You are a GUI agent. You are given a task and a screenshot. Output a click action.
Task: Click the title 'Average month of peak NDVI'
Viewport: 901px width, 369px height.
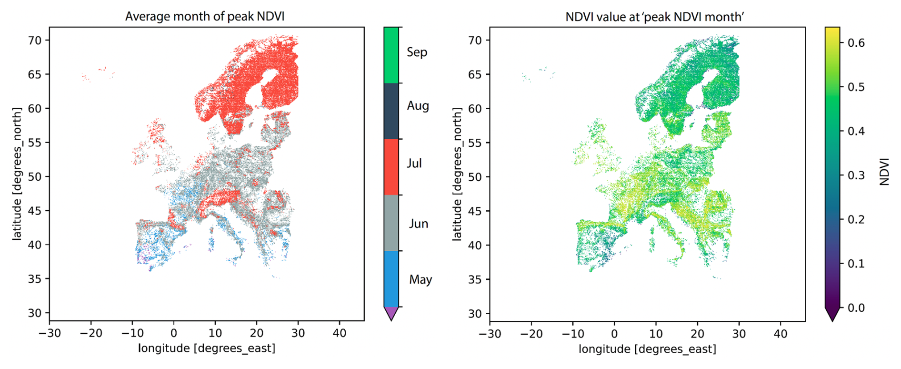pos(205,17)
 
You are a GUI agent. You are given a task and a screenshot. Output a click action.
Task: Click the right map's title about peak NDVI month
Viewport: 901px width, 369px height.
pos(655,17)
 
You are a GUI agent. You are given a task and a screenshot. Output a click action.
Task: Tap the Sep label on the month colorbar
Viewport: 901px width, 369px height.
pos(417,52)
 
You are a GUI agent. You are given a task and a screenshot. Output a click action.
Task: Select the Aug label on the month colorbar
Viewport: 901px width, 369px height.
pos(418,105)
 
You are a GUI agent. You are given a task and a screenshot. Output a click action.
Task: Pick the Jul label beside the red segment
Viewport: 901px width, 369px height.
pos(414,163)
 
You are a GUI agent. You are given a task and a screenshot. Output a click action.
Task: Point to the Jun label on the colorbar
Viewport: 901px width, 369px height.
pos(418,224)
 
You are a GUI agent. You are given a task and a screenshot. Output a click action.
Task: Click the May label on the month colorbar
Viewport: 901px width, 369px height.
pos(420,279)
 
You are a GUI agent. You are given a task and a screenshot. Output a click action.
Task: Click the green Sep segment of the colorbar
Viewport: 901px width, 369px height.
pos(391,55)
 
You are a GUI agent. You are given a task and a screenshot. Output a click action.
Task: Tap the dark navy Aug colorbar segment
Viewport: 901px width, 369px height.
pos(391,111)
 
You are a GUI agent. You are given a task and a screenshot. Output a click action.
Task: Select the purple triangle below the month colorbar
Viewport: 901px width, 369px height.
pos(391,313)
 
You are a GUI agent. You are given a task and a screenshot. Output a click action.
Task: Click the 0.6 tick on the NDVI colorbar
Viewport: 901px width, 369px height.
pos(856,43)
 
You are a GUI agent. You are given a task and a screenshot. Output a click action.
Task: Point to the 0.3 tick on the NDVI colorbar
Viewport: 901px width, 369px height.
pos(856,175)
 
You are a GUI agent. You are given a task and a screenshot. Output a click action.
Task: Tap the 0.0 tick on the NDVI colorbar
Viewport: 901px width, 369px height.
pos(856,307)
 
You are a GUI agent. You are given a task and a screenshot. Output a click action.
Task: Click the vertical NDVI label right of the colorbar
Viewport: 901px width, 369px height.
pos(884,172)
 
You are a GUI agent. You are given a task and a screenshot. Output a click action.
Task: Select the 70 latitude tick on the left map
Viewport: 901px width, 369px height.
pos(35,40)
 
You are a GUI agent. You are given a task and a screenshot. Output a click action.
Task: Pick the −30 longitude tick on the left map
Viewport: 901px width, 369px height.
pos(50,333)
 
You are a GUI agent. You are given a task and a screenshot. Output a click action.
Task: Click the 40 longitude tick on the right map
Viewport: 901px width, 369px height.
pos(781,334)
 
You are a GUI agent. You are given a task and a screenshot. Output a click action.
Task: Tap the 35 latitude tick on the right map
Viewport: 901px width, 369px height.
pos(474,279)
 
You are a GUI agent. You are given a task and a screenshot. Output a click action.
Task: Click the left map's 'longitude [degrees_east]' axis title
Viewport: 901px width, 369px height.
pos(207,348)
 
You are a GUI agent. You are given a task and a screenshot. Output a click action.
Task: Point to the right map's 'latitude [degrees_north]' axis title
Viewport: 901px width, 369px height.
pos(457,174)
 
